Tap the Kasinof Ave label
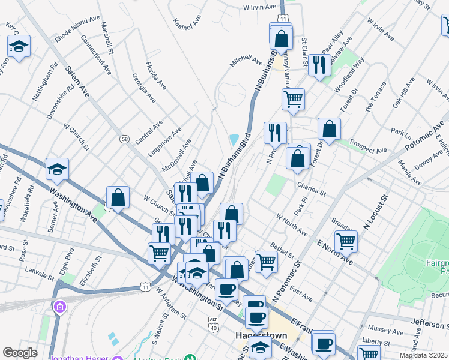coord(185,25)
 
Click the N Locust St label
coord(376,212)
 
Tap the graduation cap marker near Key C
coord(19,46)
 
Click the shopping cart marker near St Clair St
coord(293,99)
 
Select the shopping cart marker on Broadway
coord(346,241)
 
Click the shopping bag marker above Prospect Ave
coord(329,128)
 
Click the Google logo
coord(20,353)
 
